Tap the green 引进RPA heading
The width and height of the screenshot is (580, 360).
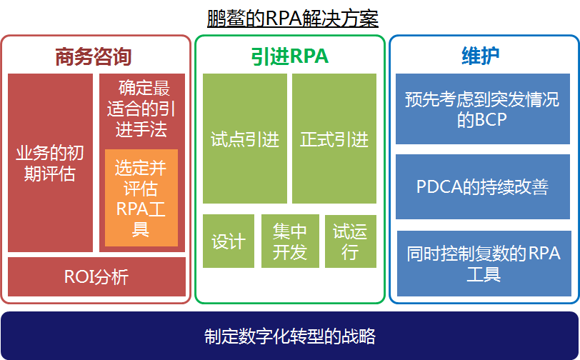(289, 56)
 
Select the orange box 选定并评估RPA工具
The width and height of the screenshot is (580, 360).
(141, 198)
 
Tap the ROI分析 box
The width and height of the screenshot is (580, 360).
(96, 276)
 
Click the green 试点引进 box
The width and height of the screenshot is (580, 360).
(244, 139)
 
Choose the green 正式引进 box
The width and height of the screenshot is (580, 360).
(334, 139)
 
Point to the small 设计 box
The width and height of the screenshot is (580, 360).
(229, 241)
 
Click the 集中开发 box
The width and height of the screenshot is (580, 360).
(289, 241)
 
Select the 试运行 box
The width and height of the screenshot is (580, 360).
(350, 241)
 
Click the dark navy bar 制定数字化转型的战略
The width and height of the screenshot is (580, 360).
(289, 336)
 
